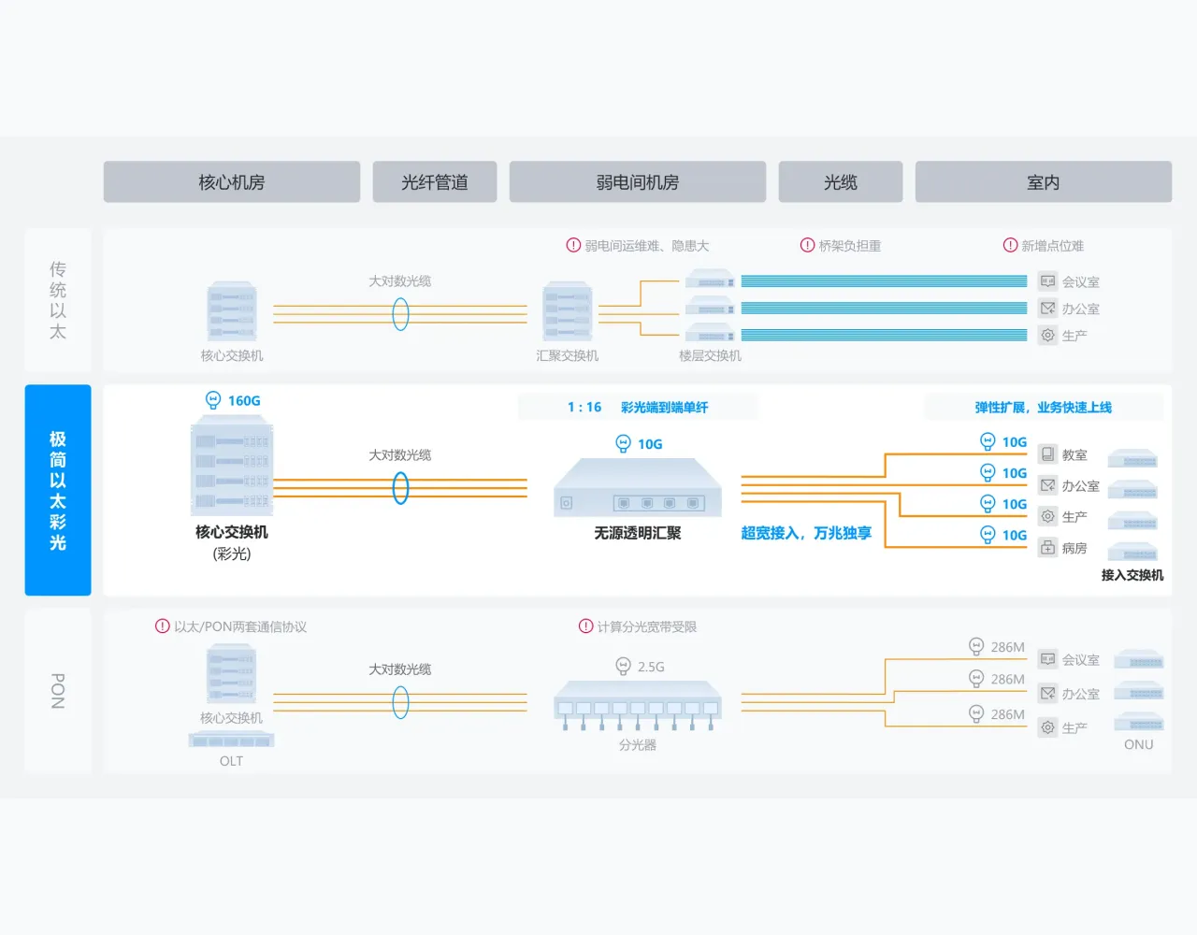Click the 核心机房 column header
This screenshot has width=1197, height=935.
[x=231, y=182]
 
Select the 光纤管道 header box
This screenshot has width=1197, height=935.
[x=434, y=182]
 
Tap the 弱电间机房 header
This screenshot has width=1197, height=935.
[x=637, y=182]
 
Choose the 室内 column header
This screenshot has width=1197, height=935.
[x=1043, y=182]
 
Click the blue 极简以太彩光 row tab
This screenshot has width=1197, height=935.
[x=58, y=490]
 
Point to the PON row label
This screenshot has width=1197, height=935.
[x=58, y=691]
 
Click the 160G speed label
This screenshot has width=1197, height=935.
[x=243, y=401]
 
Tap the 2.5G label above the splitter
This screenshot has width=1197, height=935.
[x=650, y=667]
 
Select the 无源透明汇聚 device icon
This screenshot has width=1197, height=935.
[x=638, y=487]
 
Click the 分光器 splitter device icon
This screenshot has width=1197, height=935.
[x=638, y=706]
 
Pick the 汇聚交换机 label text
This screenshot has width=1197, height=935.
[x=567, y=356]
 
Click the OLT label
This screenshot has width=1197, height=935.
[x=231, y=761]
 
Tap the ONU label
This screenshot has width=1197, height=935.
[x=1138, y=744]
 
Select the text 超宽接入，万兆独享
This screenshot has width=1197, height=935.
[x=806, y=533]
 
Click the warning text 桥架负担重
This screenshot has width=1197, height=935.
[x=849, y=246]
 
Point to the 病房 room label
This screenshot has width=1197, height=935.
[x=1074, y=548]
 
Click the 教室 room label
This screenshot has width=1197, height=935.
[x=1074, y=455]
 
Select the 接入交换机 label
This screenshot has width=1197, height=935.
[x=1132, y=575]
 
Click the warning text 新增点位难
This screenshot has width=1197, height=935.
[x=1052, y=246]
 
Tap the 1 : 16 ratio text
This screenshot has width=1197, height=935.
[x=584, y=408]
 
